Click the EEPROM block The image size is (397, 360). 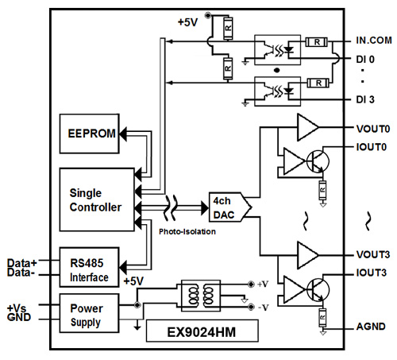click(x=90, y=134)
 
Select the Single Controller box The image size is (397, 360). click(x=97, y=199)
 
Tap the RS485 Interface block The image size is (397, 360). click(x=90, y=267)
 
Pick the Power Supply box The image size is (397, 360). click(x=89, y=313)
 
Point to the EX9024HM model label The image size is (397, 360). click(x=202, y=331)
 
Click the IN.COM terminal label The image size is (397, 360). click(x=374, y=41)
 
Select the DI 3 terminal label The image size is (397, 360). click(x=365, y=99)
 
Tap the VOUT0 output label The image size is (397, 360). click(x=373, y=129)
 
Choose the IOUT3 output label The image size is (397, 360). click(x=372, y=273)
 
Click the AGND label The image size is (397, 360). click(x=371, y=327)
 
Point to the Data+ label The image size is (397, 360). click(x=22, y=263)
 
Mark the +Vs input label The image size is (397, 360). click(x=17, y=308)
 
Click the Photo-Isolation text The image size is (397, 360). click(x=187, y=231)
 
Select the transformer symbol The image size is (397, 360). click(x=201, y=296)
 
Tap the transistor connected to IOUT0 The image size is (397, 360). click(x=318, y=161)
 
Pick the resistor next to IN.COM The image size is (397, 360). click(x=317, y=42)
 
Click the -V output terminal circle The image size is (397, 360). click(x=251, y=307)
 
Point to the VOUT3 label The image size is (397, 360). click(x=373, y=254)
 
